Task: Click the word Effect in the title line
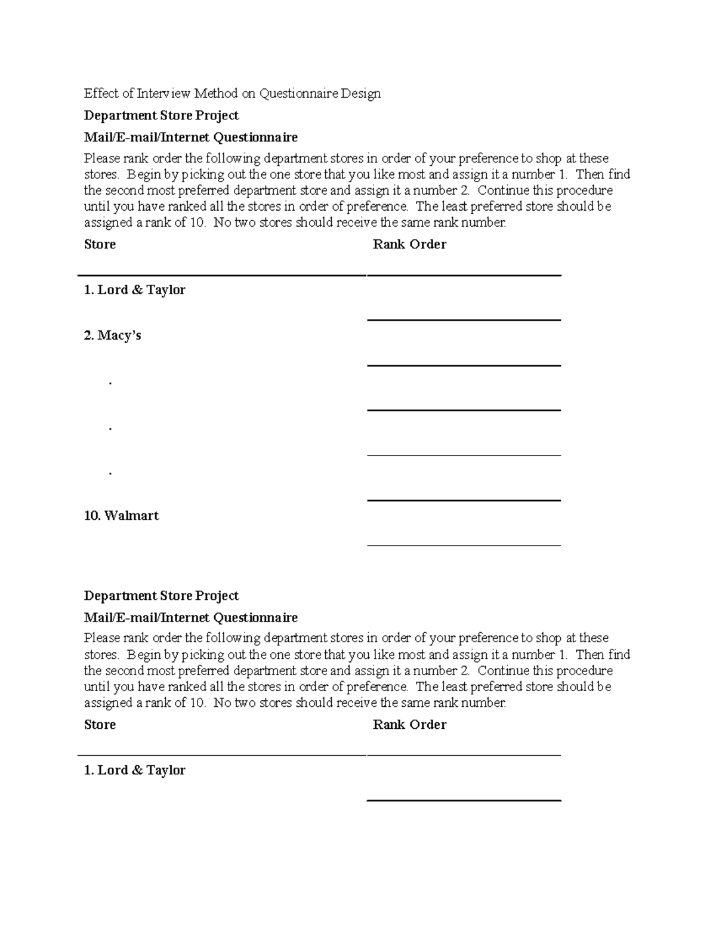[100, 93]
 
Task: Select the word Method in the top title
[215, 93]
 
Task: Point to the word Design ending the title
[360, 93]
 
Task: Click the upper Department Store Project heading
[161, 115]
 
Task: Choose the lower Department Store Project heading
[161, 595]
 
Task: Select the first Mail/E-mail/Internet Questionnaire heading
[190, 137]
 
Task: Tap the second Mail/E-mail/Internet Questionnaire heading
[190, 617]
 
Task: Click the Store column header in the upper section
[100, 244]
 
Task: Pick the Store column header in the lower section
[100, 724]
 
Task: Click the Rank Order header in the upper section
[409, 244]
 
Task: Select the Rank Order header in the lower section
[409, 724]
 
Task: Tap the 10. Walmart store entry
[121, 516]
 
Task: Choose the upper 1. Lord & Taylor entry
[134, 290]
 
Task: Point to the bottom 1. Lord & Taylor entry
[134, 770]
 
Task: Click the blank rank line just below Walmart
[464, 544]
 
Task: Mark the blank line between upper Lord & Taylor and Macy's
[464, 320]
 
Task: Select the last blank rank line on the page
[464, 800]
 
